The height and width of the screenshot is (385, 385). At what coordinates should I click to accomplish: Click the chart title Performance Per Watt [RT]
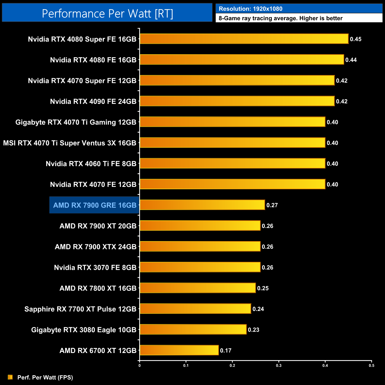[x=107, y=13]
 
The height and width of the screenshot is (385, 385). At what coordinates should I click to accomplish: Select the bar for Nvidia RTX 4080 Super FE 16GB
[x=244, y=39]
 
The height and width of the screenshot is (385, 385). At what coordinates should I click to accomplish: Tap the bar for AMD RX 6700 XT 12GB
[x=179, y=350]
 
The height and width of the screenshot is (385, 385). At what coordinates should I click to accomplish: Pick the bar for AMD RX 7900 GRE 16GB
[x=202, y=205]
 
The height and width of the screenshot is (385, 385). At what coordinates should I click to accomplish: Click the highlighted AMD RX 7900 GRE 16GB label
[x=95, y=205]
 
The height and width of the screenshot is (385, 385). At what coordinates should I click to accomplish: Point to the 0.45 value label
[x=355, y=39]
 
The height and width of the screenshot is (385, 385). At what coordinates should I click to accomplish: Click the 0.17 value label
[x=226, y=350]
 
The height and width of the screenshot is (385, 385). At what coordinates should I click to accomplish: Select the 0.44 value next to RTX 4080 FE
[x=351, y=60]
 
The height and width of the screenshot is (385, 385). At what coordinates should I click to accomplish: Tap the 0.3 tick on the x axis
[x=279, y=365]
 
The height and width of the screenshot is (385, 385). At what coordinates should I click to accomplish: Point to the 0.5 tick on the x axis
[x=371, y=365]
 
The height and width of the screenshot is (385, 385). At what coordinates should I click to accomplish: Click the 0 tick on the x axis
[x=139, y=365]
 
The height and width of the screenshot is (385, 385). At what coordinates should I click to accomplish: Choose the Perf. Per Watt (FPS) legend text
[x=45, y=377]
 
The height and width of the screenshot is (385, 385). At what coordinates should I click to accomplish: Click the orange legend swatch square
[x=10, y=377]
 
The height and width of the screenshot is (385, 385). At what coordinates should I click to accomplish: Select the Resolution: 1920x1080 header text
[x=251, y=9]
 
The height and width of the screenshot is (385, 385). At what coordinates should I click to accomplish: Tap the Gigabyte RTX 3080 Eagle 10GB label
[x=84, y=330]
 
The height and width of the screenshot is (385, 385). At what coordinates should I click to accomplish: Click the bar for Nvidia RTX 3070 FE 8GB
[x=200, y=267]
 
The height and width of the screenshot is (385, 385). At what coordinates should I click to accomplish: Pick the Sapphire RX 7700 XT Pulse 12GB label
[x=80, y=309]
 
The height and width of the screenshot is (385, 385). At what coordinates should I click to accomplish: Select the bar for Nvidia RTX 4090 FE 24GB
[x=237, y=101]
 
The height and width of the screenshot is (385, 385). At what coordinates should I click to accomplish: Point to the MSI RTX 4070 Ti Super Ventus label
[x=70, y=143]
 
